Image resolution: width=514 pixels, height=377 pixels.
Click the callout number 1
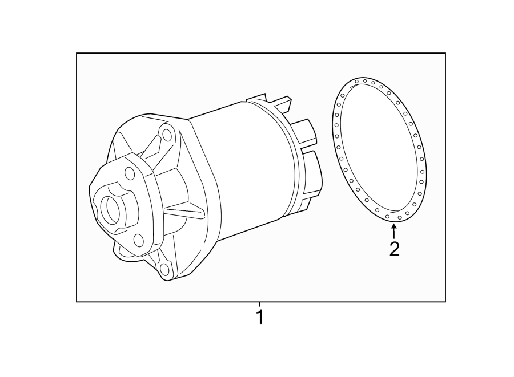(x=260, y=317)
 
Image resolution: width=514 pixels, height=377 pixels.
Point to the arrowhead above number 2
(x=393, y=228)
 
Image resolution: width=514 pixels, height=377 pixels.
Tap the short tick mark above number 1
(x=260, y=305)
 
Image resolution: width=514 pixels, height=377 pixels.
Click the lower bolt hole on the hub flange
(x=138, y=240)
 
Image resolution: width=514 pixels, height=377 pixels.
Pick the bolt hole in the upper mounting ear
(x=167, y=135)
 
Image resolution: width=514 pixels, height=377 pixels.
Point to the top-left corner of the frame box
(x=77, y=54)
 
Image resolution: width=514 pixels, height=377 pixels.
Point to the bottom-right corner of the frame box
(x=445, y=301)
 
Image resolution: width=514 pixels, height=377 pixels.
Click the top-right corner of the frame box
(x=445, y=54)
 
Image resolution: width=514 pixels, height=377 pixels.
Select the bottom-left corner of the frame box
(x=77, y=301)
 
